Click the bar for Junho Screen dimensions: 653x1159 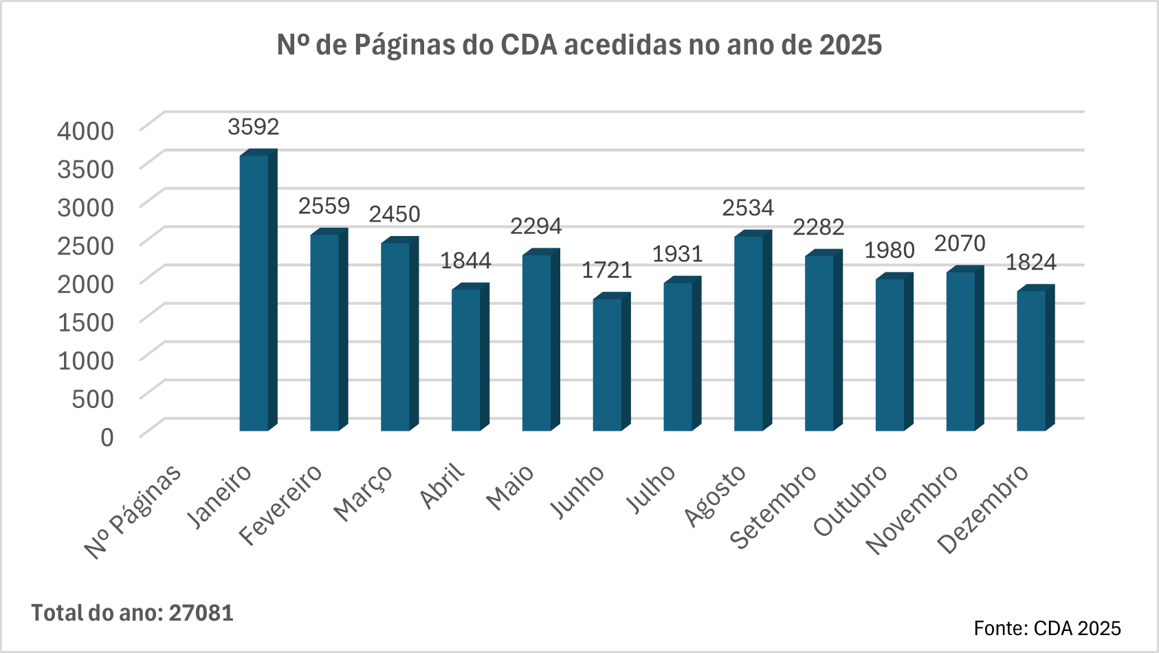(x=607, y=365)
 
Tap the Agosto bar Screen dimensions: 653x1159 (x=749, y=334)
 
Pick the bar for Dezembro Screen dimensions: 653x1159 (x=1031, y=361)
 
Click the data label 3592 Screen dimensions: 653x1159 (x=254, y=127)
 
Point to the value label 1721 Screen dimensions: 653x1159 (x=607, y=270)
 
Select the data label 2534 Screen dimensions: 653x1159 (x=748, y=208)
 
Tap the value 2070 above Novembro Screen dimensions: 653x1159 (x=960, y=244)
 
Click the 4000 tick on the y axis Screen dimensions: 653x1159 (x=86, y=130)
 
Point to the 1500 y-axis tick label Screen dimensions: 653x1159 (x=86, y=321)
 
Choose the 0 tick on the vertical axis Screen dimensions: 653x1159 (x=107, y=437)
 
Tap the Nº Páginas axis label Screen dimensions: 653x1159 (x=133, y=510)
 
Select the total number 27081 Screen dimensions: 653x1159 (x=201, y=613)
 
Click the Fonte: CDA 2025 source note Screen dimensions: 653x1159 (x=1047, y=628)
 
